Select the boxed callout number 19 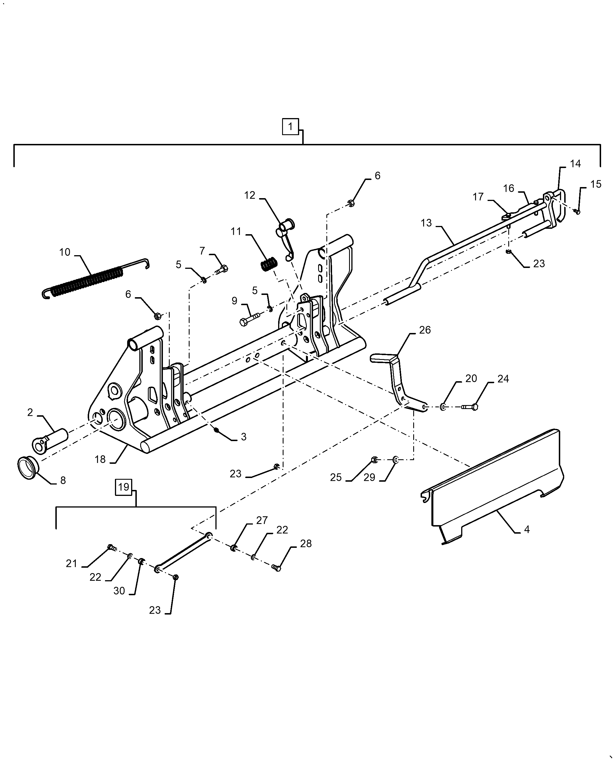[x=123, y=487]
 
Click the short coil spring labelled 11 [x=270, y=265]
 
